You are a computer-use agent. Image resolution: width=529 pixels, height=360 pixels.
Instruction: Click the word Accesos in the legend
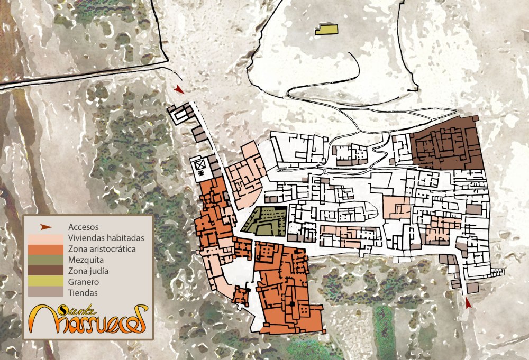84,227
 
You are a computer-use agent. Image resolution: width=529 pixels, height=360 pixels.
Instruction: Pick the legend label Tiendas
83,292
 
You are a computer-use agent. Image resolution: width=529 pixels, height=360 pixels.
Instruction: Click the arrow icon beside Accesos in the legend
47,227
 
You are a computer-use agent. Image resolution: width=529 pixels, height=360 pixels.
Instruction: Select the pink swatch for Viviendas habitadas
45,238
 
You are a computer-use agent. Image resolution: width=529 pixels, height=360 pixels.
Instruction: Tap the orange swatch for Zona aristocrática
45,249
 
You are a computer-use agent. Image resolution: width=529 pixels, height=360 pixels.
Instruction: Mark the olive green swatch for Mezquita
45,260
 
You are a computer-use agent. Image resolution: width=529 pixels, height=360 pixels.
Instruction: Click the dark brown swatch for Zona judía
45,271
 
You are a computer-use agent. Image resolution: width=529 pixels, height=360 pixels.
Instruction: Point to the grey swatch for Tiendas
45,292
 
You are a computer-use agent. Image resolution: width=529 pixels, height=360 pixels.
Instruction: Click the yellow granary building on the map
326,30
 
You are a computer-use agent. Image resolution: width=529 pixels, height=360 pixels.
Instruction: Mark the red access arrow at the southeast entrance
468,303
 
